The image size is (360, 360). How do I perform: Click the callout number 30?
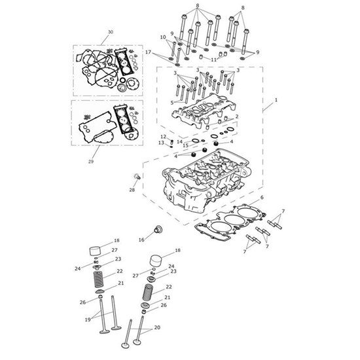point(111,32)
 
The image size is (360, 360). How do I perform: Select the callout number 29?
point(91,162)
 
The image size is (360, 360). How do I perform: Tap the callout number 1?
point(276,100)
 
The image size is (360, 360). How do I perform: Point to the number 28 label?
point(132,190)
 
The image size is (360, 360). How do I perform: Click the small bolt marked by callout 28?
point(137,176)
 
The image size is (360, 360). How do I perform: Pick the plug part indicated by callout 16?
point(158,229)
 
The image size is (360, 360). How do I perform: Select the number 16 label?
point(141,240)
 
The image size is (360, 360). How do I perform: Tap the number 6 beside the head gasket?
point(262,197)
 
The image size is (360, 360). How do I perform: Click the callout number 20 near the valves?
point(157,327)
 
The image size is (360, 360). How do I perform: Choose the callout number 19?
point(88,319)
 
